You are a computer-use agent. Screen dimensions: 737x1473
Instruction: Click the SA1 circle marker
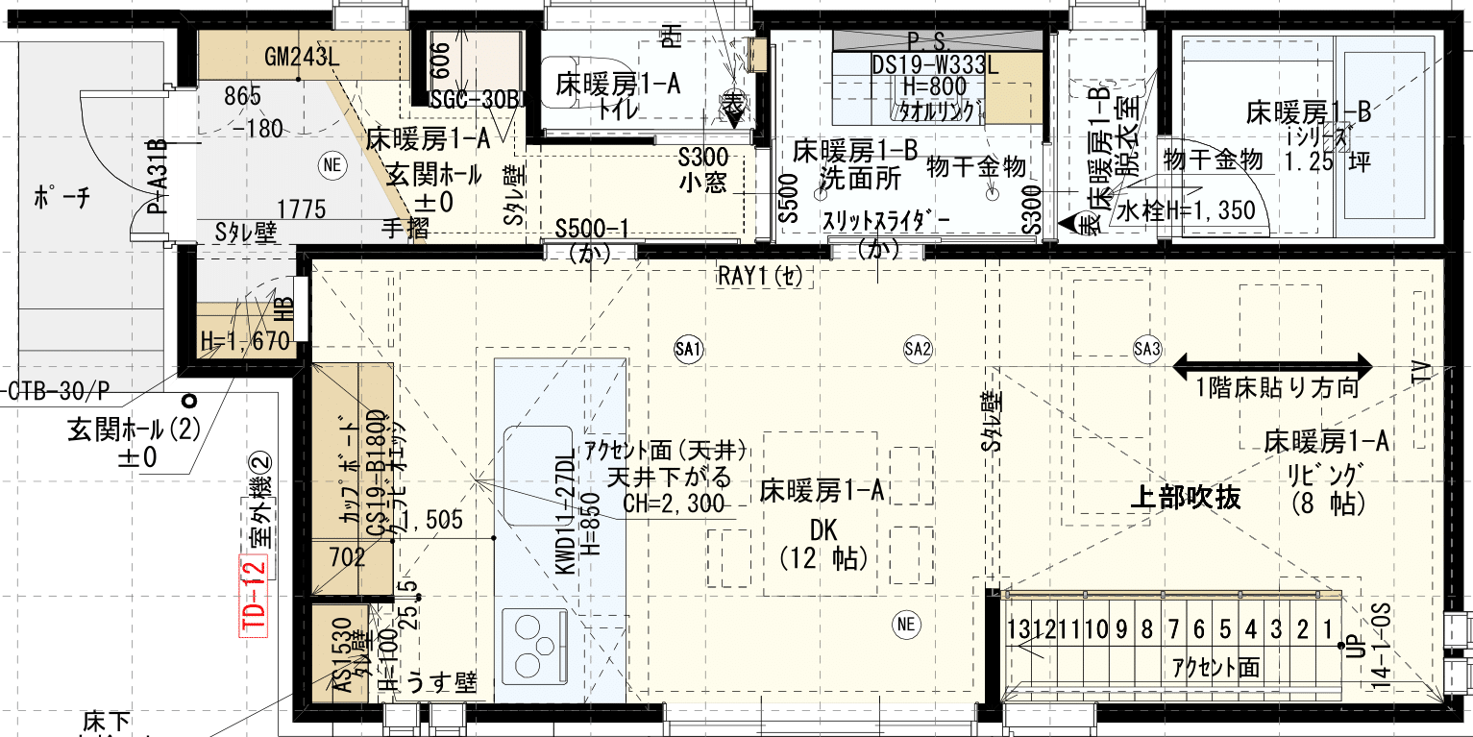[689, 348]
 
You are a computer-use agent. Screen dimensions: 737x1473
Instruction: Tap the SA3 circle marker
[1146, 348]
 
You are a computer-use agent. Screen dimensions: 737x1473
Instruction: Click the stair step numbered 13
[1020, 630]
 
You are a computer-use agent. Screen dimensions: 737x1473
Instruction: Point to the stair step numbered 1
[1328, 630]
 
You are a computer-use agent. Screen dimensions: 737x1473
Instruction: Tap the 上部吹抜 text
[1185, 497]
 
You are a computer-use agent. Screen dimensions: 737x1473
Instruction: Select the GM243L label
[303, 57]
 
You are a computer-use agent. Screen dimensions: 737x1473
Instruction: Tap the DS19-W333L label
[935, 64]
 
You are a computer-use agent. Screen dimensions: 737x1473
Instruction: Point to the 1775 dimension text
[301, 209]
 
